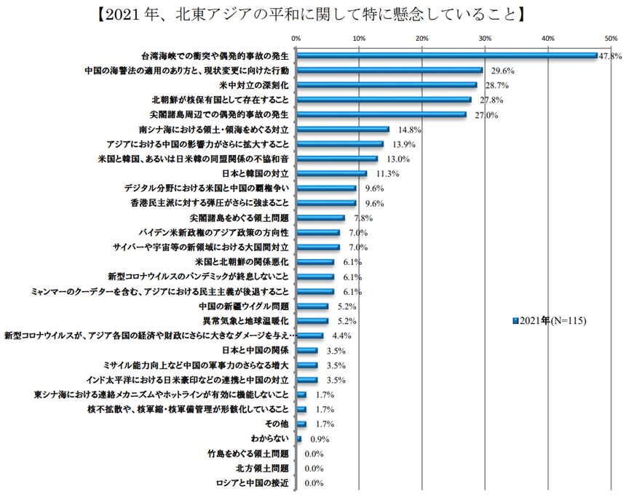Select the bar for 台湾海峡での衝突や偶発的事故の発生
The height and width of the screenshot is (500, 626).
[x=446, y=55]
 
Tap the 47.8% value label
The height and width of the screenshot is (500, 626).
[x=609, y=56]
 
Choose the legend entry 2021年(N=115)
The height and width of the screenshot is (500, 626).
[x=550, y=320]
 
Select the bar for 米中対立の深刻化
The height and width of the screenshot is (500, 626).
[x=386, y=85]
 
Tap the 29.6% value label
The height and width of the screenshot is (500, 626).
[x=503, y=71]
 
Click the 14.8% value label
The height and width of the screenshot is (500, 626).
[x=410, y=130]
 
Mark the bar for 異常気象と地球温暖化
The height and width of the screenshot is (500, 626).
[x=312, y=321]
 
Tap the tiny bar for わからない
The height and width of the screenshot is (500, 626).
[x=298, y=438]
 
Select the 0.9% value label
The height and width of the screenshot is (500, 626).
[x=320, y=439]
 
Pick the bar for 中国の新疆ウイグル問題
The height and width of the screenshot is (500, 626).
[x=312, y=306]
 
